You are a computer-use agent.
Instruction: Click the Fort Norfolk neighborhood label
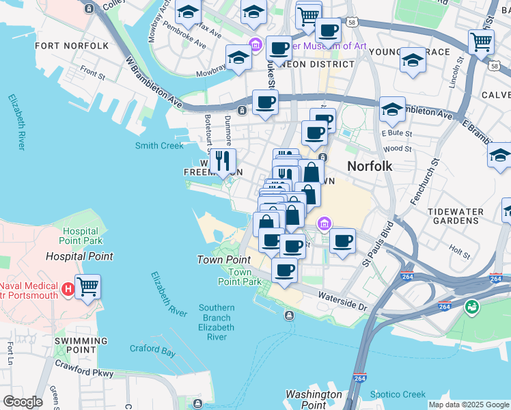[71, 46]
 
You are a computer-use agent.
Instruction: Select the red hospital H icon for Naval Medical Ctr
[68, 289]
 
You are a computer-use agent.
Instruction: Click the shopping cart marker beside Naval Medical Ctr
[87, 287]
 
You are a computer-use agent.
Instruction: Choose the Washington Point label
[314, 399]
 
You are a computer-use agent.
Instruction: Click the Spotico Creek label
[398, 394]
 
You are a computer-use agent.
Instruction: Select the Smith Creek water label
[159, 146]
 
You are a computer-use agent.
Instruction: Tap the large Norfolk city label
[370, 166]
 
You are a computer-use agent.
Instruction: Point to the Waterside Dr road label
[341, 299]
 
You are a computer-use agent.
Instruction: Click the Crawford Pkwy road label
[84, 370]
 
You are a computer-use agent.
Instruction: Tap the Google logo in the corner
[23, 402]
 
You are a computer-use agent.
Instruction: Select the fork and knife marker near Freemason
[223, 162]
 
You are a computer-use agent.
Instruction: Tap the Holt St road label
[456, 249]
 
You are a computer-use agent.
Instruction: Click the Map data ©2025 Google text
[468, 405]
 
